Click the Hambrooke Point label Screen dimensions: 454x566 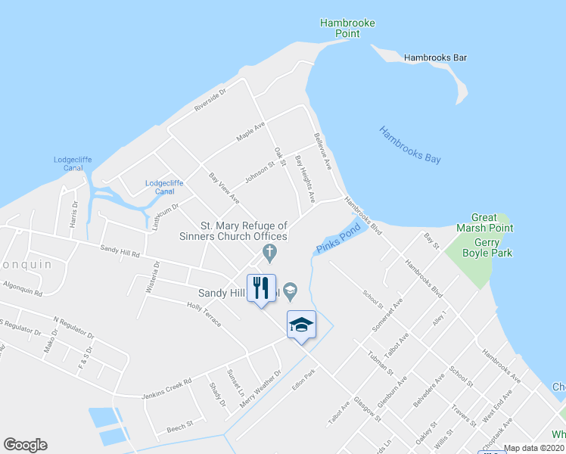pos(347,29)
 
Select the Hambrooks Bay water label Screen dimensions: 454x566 pos(410,145)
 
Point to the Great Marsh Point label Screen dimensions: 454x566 pos(484,222)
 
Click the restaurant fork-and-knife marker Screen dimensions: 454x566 pos(261,288)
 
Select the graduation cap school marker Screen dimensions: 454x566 pos(301,325)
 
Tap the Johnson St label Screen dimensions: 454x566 pos(260,172)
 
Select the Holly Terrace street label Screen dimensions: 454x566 pos(204,313)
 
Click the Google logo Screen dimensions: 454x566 pos(26,445)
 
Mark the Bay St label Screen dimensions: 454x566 pos(431,241)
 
